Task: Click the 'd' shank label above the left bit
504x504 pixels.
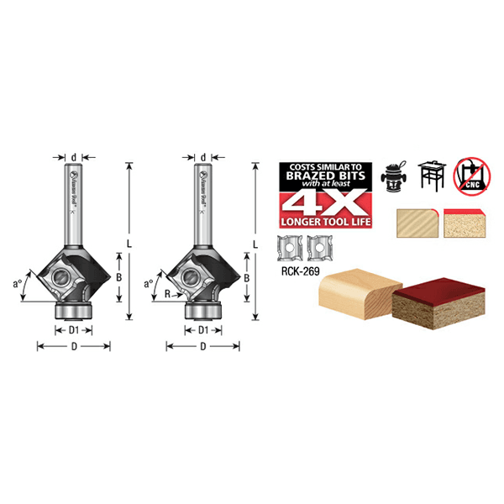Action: click(x=74, y=157)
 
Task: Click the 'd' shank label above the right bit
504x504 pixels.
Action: click(x=203, y=157)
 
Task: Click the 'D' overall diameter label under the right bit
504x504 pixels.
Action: click(x=203, y=346)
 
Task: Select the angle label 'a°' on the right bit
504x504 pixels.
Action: click(x=150, y=284)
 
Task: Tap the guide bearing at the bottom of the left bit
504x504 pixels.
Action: click(x=74, y=310)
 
